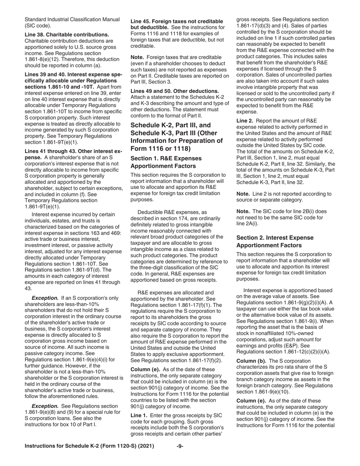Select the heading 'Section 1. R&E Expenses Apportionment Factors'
(x=166, y=162)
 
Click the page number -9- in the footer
(x=180, y=446)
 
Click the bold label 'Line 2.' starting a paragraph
(x=246, y=120)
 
